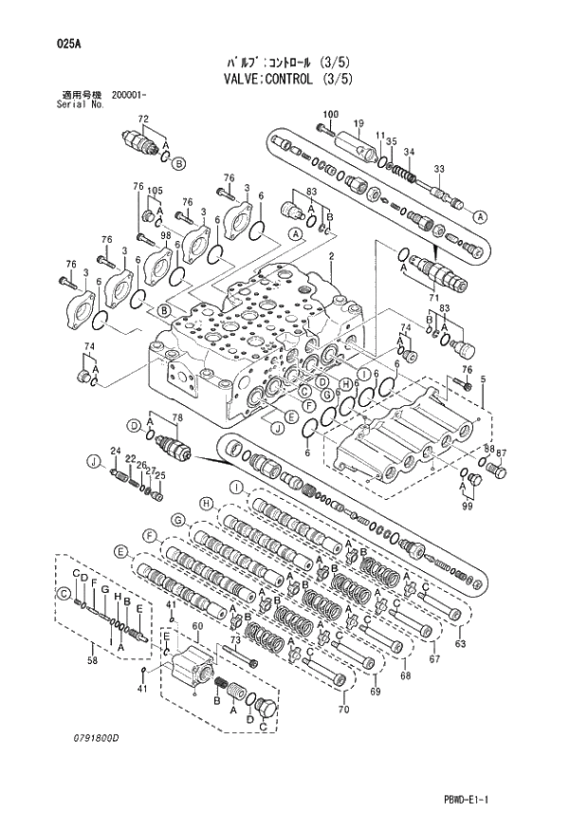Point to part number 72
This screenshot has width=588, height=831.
coord(143,120)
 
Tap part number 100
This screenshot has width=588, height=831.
coord(329,115)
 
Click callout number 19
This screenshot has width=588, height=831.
coord(359,124)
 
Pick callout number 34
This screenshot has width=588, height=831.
coord(409,152)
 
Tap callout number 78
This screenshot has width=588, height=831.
coord(177,418)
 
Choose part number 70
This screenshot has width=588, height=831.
coord(343,709)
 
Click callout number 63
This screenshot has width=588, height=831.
coord(460,645)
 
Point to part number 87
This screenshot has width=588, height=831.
coord(502,452)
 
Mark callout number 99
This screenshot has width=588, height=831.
coord(468,508)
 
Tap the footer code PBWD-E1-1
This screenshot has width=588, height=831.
coord(513,803)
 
